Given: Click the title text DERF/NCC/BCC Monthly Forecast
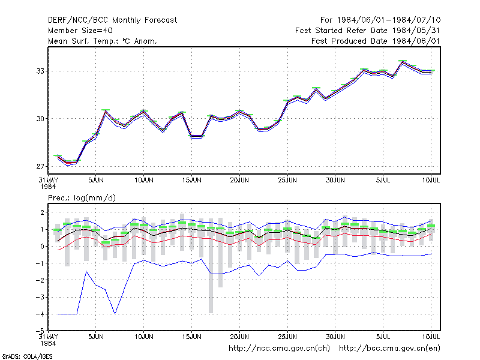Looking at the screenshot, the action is (x=112, y=20).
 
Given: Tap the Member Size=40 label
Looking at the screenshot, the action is (x=80, y=31).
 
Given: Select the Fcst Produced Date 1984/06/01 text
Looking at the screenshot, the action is (x=376, y=41).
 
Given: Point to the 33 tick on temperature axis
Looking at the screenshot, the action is (x=40, y=71).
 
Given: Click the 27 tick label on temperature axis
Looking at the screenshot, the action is (x=40, y=167).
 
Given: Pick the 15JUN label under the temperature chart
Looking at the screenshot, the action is (x=191, y=180).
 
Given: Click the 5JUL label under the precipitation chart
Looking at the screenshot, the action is (x=383, y=337).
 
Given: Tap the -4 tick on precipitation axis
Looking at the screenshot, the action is (x=40, y=314).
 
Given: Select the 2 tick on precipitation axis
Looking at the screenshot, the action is (x=42, y=212).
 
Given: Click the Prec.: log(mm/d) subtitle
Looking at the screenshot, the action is (x=82, y=198).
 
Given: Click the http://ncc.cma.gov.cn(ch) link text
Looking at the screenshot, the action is (x=279, y=349).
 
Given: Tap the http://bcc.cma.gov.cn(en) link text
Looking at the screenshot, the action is (x=389, y=349).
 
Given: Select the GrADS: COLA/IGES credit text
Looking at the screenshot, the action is (x=27, y=356).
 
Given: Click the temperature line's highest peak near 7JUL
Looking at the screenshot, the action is (x=403, y=62).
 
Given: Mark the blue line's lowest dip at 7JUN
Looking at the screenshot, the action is (x=115, y=313).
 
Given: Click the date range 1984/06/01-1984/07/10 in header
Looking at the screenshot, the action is (x=389, y=20).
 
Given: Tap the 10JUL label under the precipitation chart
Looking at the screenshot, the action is (x=431, y=337).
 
